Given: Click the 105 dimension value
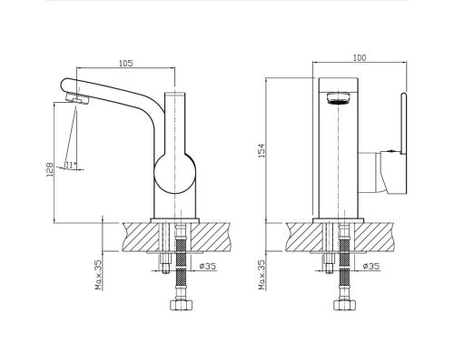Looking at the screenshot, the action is tap(125, 63).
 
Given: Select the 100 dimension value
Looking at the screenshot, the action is tap(360, 57).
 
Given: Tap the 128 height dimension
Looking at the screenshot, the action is tap(50, 170).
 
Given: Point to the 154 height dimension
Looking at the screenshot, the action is tap(261, 150).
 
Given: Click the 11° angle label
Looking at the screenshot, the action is tap(71, 166).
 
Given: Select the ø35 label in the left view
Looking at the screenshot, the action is tap(208, 266).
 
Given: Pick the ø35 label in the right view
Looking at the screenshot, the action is tap(371, 266).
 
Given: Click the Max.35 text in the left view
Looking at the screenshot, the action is tap(99, 275).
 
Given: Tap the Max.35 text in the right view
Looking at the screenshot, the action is tap(262, 275).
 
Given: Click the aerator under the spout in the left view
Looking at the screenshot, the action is tap(77, 98).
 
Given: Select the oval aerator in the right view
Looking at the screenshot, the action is tap(338, 98).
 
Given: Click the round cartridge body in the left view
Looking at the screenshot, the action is tap(174, 174).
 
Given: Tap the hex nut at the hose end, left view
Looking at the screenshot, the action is tap(181, 305).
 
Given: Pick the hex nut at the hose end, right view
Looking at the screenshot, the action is tap(344, 305).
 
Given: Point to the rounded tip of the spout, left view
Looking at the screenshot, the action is tap(63, 84).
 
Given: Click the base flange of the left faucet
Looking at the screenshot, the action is tap(175, 220).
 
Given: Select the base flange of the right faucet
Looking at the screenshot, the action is tap(338, 220).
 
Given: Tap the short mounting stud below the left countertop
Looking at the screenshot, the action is tap(165, 263).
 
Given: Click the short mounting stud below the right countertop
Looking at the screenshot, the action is tap(329, 263).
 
